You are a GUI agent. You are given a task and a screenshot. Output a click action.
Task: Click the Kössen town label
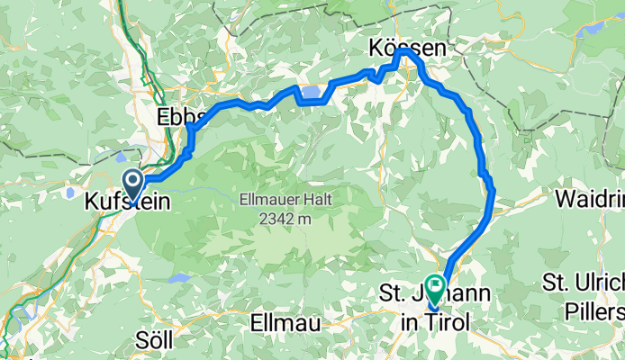tap(407, 50)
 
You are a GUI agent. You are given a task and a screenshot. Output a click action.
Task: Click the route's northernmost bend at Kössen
tap(403, 51)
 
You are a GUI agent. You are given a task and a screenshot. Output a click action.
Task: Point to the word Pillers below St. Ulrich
tap(597, 311)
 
